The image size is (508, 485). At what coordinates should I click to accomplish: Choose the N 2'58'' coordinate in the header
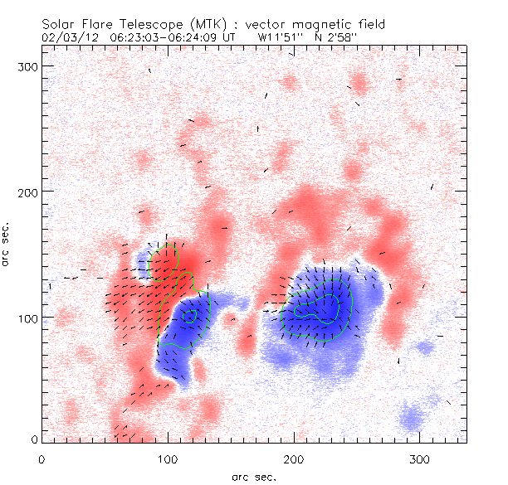pos(339,37)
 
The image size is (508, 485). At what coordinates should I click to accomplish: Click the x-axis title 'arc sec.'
pos(253,476)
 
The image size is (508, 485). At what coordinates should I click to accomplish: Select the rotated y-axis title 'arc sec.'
pos(8,244)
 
